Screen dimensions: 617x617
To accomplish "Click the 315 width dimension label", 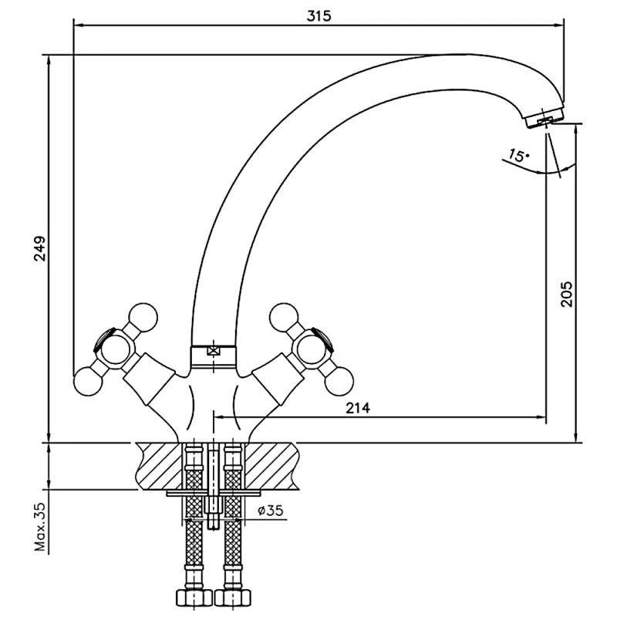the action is (x=319, y=16).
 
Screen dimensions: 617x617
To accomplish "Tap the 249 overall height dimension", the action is (x=40, y=248).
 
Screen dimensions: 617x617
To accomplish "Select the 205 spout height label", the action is (x=567, y=294).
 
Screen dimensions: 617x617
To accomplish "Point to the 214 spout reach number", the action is (x=358, y=408).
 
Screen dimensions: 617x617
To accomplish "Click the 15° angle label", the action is (x=518, y=155).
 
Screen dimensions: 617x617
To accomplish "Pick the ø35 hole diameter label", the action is (x=271, y=511).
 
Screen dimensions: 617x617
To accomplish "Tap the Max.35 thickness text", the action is (x=40, y=527).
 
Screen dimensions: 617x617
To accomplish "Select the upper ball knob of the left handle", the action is (x=143, y=317).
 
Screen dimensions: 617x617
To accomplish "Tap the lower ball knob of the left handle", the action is (x=89, y=381).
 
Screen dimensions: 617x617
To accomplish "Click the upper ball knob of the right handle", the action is (x=284, y=317).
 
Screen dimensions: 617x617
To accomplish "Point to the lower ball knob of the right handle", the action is (x=339, y=381).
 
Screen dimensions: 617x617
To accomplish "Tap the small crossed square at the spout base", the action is (x=214, y=350).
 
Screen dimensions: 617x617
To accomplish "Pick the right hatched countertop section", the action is (x=271, y=466).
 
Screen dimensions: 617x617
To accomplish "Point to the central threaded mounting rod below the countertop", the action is (x=214, y=487).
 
